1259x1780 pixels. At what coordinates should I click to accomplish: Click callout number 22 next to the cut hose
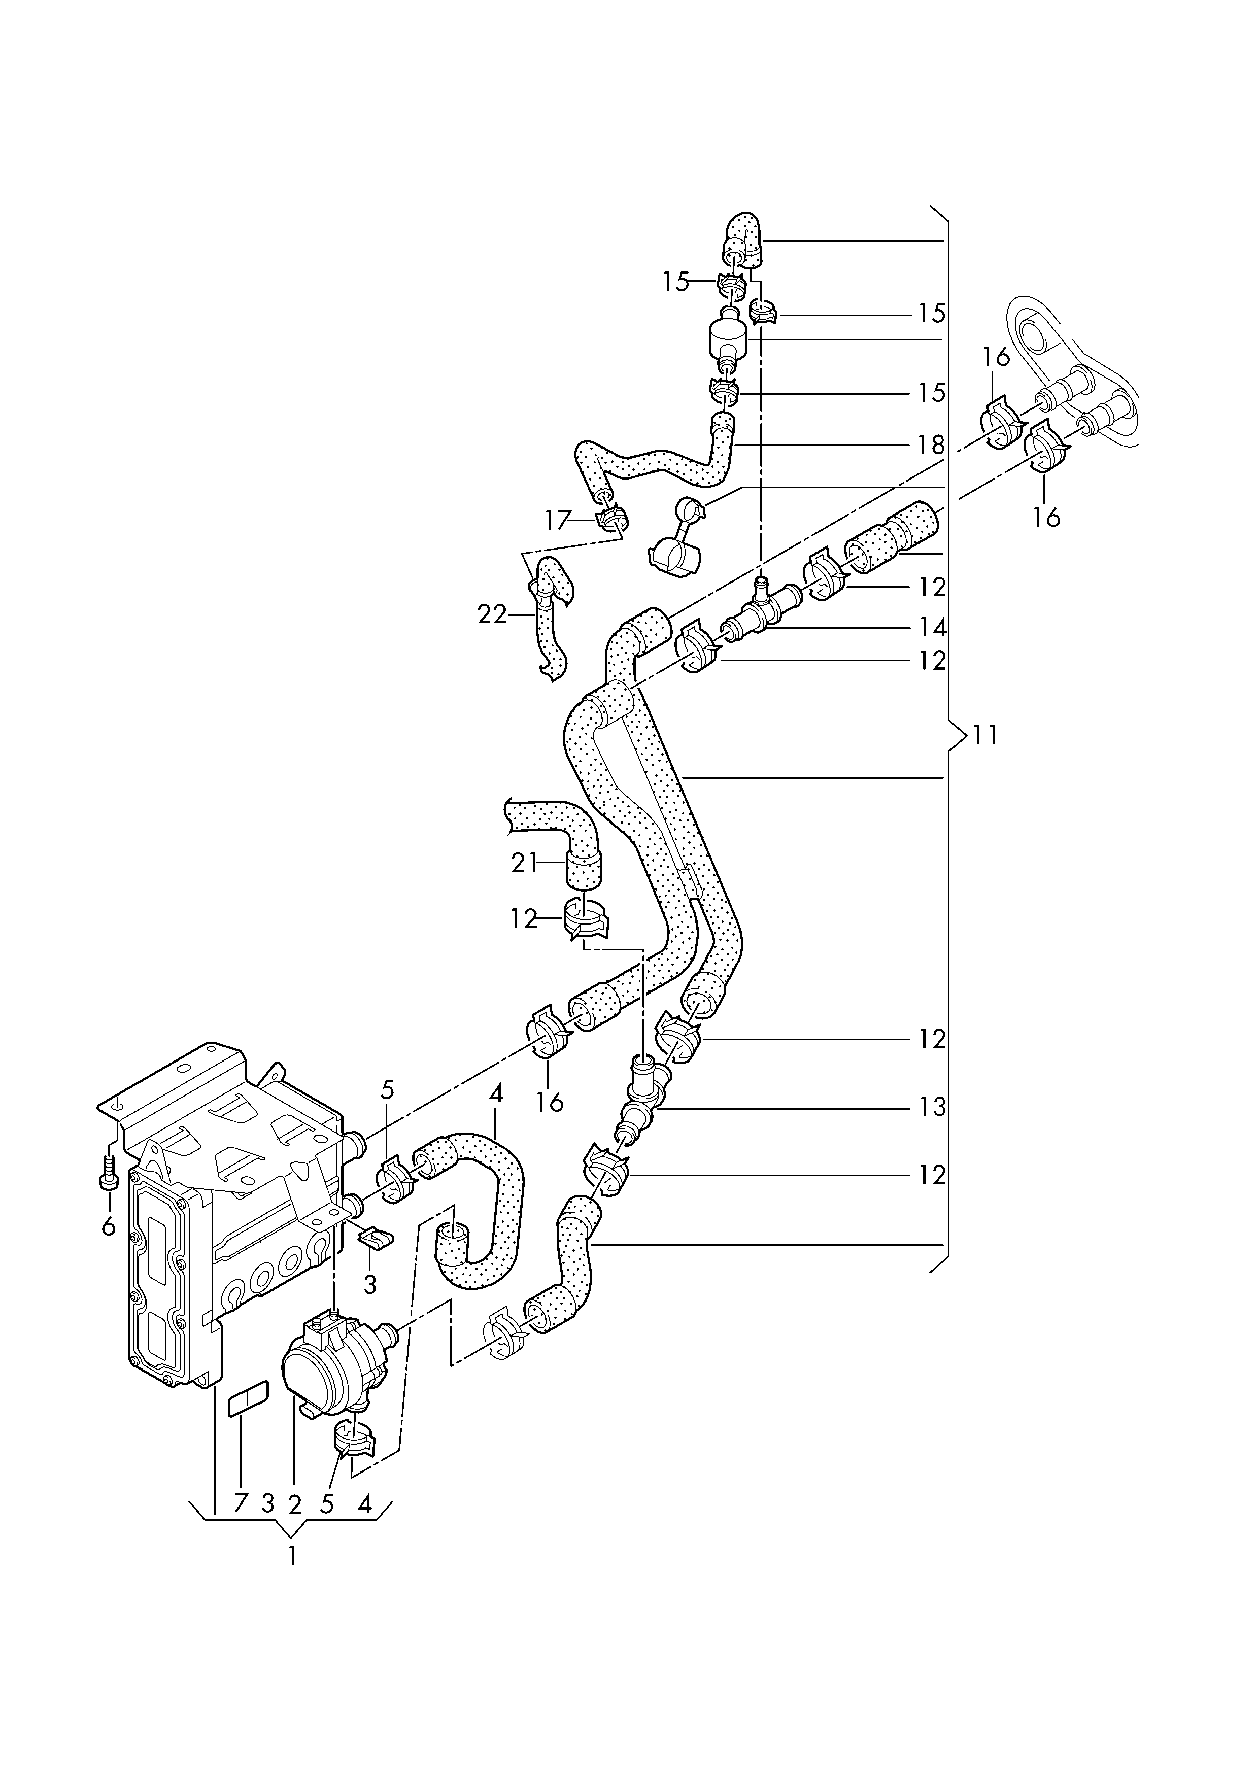492,615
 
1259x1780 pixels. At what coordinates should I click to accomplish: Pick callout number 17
557,520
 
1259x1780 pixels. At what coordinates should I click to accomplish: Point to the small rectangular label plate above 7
247,1400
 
